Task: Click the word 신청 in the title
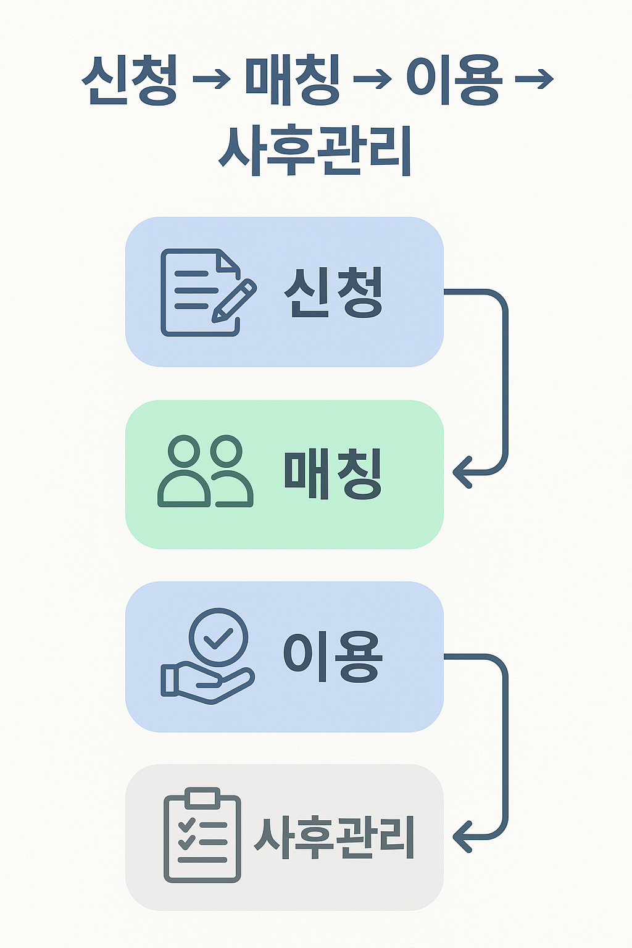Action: pos(130,80)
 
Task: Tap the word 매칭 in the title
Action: pos(293,80)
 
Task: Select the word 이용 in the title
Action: pos(454,80)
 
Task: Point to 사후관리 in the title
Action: pos(315,150)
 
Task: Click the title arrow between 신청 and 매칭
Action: pos(211,80)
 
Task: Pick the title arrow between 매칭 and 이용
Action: pos(373,80)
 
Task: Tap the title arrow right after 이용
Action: pos(534,80)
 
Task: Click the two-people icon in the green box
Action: pos(206,472)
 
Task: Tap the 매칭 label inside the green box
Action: pos(333,473)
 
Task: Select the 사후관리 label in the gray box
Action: pos(334,837)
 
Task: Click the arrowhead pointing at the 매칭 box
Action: pos(462,473)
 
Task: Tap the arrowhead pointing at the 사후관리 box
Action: pos(462,837)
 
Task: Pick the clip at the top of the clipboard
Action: pos(202,797)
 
